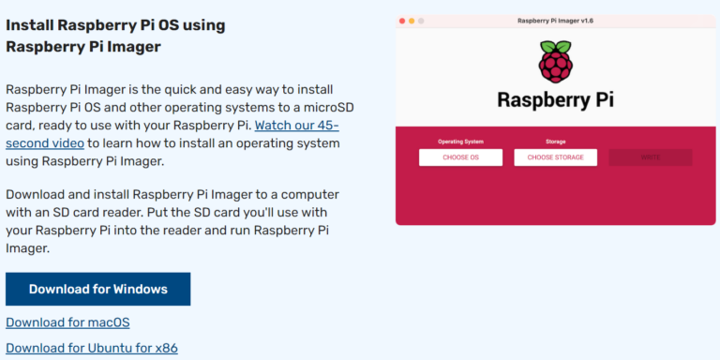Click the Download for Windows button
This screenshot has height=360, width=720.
click(97, 289)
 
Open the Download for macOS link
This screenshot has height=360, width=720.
click(67, 322)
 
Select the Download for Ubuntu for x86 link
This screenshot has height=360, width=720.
click(91, 348)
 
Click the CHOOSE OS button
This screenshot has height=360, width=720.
click(460, 157)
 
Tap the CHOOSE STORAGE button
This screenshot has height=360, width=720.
click(556, 157)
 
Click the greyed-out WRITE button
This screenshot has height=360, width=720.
click(651, 157)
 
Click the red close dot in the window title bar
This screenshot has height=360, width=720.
click(402, 20)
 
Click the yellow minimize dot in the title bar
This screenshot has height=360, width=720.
click(412, 20)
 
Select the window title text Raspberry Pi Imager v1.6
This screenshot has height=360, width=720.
click(556, 20)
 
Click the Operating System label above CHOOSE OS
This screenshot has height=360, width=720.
click(460, 142)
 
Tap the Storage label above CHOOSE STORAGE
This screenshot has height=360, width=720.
click(556, 142)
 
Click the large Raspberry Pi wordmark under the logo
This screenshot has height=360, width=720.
click(556, 99)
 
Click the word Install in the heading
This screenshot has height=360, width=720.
click(29, 25)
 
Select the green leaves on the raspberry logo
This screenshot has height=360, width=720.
click(556, 46)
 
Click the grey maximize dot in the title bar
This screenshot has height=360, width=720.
click(421, 20)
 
